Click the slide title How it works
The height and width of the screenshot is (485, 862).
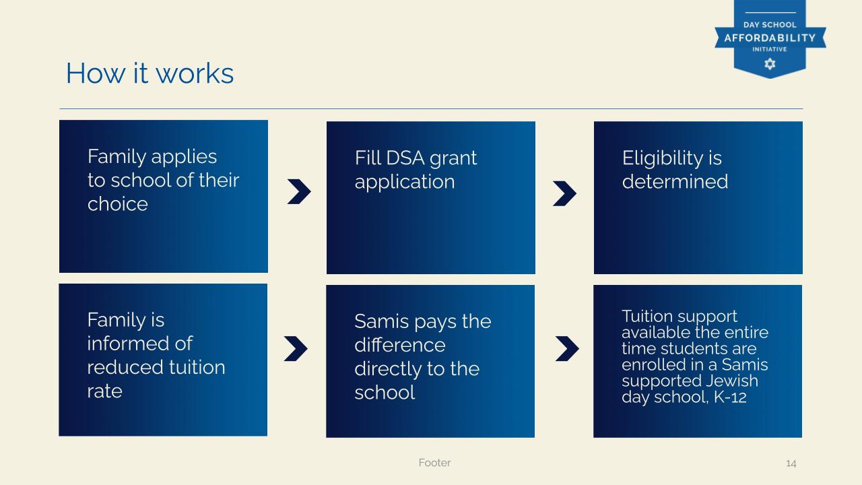click(150, 73)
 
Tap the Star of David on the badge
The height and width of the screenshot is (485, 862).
click(770, 64)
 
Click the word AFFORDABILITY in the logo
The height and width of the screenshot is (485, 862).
click(770, 38)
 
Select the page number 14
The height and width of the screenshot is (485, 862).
click(791, 463)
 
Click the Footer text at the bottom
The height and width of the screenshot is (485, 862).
click(434, 463)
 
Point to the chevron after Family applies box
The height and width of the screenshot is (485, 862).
click(299, 191)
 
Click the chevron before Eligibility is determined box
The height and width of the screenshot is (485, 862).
click(564, 193)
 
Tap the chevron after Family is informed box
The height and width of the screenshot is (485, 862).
click(296, 348)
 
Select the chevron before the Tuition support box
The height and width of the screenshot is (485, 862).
click(567, 348)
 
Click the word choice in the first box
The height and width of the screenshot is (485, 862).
click(117, 204)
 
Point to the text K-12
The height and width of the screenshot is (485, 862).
click(730, 397)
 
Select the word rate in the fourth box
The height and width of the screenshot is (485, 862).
click(104, 392)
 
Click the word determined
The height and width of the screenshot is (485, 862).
click(675, 182)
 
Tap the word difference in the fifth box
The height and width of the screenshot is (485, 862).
click(400, 345)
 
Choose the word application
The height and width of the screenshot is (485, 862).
click(405, 183)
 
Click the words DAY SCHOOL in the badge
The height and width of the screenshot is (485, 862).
click(770, 25)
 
